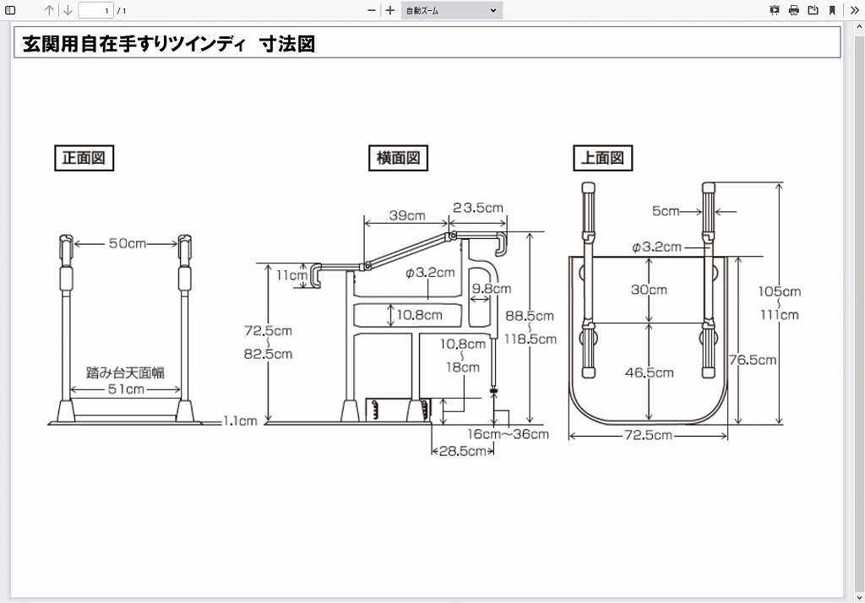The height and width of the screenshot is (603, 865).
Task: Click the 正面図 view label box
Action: pyautogui.click(x=84, y=158)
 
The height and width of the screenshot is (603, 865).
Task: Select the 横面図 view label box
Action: pyautogui.click(x=398, y=158)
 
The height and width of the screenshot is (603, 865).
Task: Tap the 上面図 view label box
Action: pyautogui.click(x=603, y=158)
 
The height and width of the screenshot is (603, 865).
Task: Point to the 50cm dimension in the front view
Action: pyautogui.click(x=127, y=243)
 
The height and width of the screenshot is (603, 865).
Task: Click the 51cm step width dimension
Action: pyautogui.click(x=125, y=389)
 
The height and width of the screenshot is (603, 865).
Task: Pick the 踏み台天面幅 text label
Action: pyautogui.click(x=125, y=372)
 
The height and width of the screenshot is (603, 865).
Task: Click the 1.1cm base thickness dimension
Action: pyautogui.click(x=241, y=421)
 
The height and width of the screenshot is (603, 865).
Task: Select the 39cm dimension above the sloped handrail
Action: pyautogui.click(x=406, y=215)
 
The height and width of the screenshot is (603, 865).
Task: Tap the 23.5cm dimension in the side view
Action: pyautogui.click(x=478, y=208)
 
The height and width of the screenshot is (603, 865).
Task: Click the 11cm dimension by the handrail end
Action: pyautogui.click(x=291, y=275)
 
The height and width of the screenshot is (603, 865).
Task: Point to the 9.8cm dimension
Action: pyautogui.click(x=491, y=289)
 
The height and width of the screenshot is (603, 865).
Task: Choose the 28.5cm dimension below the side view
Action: pyautogui.click(x=463, y=451)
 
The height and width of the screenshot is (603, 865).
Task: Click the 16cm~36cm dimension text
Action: pyautogui.click(x=508, y=434)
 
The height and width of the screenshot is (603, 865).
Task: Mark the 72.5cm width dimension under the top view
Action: pyautogui.click(x=649, y=436)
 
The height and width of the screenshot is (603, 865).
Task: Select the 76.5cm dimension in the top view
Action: pyautogui.click(x=753, y=360)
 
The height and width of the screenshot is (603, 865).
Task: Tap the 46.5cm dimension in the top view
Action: pyautogui.click(x=649, y=372)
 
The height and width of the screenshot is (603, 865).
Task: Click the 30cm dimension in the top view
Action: pyautogui.click(x=649, y=290)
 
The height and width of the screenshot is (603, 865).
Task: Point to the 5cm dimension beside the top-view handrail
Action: pyautogui.click(x=666, y=211)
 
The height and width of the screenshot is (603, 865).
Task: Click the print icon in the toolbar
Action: pyautogui.click(x=793, y=10)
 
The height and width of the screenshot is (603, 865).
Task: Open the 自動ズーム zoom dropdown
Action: pyautogui.click(x=451, y=10)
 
